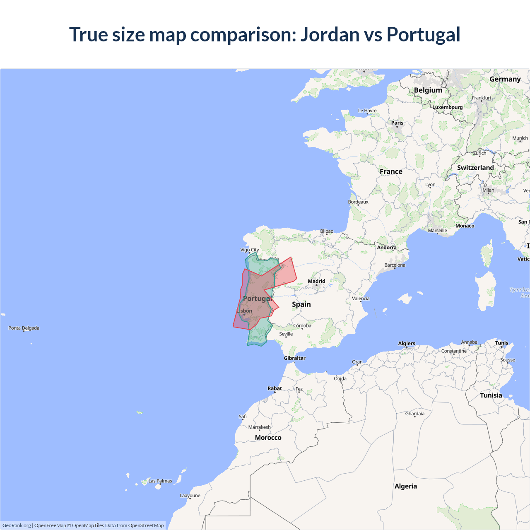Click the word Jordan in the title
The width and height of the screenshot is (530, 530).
pos(330,35)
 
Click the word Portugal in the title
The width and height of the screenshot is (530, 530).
pos(423,35)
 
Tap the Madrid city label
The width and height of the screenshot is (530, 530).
pos(316,281)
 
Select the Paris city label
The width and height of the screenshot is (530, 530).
pos(397,123)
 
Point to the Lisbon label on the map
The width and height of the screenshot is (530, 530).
pos(244,311)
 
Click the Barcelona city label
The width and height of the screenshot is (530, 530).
pos(395,265)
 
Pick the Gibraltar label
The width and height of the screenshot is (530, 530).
pos(294,358)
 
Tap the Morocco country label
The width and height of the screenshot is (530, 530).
pos(268,438)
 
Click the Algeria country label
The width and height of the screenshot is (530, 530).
pos(405,486)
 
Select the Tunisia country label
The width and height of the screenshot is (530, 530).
pos(491,395)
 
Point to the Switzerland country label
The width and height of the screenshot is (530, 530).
pos(475,168)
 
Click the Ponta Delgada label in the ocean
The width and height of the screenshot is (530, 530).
pos(24,328)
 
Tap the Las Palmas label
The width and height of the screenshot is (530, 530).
pos(160,481)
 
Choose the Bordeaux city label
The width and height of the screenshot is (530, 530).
pos(358,202)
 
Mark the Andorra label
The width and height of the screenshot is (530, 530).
pos(386,248)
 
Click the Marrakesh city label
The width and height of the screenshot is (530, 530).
pos(259,427)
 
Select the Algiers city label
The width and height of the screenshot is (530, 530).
pos(406,343)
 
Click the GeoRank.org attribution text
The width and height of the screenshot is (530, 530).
pos(17,525)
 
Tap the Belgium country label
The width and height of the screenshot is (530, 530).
pos(428,90)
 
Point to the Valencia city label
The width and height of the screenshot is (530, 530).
pos(361,299)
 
